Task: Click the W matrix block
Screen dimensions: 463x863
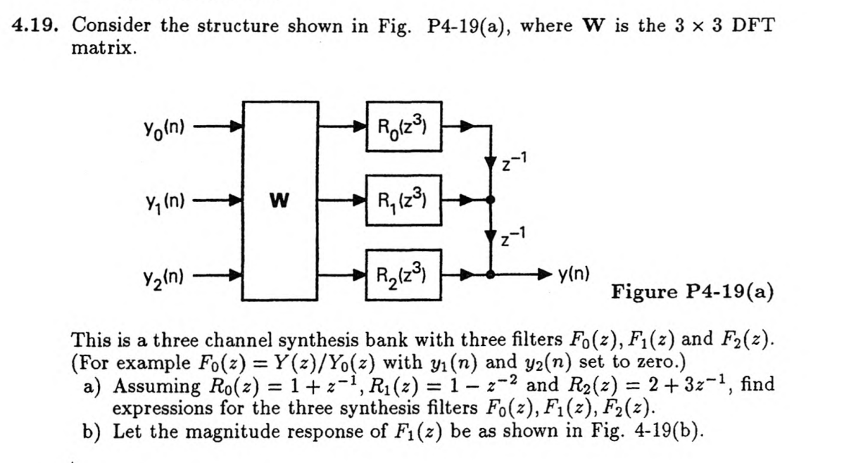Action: [279, 202]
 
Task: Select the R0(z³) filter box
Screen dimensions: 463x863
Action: [403, 127]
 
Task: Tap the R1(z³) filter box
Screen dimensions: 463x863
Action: [403, 201]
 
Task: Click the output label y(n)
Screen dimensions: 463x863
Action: [574, 273]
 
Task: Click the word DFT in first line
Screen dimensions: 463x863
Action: [752, 26]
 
